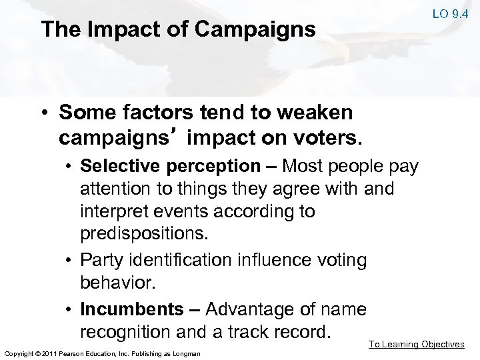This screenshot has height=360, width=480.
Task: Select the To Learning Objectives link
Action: coord(417,344)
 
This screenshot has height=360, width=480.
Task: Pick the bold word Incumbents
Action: coord(130,309)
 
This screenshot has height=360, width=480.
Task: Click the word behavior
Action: coord(117,281)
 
